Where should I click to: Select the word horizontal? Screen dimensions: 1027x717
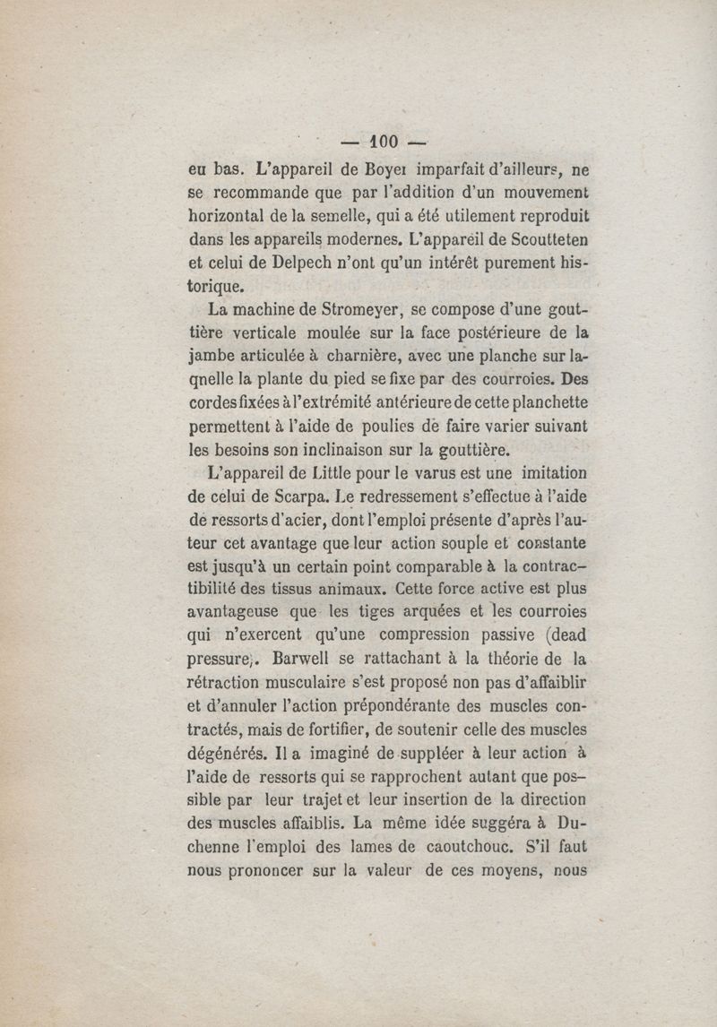(x=231, y=216)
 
